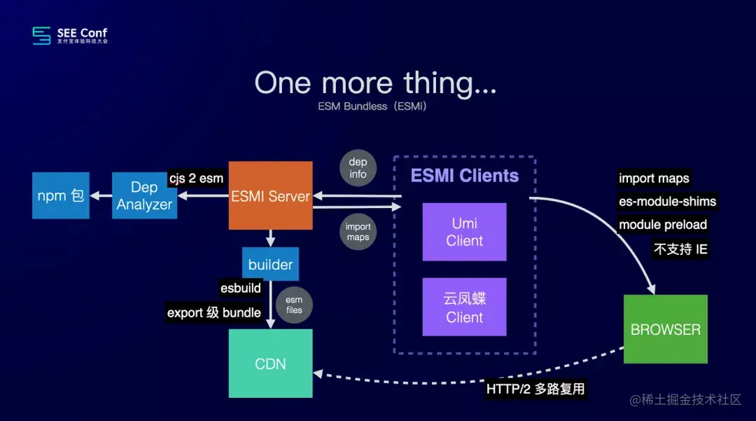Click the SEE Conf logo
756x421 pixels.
70,35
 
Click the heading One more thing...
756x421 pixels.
375,83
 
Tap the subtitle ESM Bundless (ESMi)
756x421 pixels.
372,107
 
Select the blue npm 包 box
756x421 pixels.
61,195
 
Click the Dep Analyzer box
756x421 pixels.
144,195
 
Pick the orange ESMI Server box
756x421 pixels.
270,195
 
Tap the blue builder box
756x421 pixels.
270,264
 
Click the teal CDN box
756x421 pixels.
270,364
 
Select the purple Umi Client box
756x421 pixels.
464,232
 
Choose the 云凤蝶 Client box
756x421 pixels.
464,307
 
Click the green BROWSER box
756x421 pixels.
665,329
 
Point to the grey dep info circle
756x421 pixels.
358,168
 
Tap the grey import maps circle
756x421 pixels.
358,232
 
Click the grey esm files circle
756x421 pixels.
294,305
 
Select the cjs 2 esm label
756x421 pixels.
196,178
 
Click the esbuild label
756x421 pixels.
241,288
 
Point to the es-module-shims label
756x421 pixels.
667,202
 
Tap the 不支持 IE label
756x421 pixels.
681,249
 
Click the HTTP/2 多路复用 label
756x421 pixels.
535,388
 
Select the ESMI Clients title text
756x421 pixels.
465,176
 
